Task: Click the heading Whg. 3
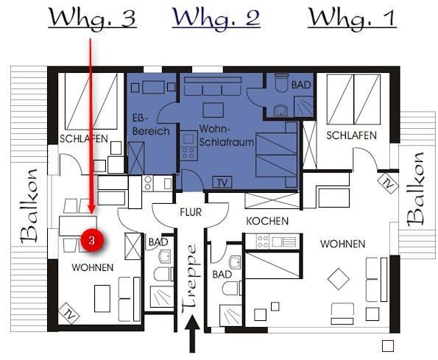[93, 18]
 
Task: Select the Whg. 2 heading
[216, 18]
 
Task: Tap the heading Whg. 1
[352, 18]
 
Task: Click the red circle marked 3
[92, 240]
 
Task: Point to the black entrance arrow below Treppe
[192, 333]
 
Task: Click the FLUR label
[191, 212]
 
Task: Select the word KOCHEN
[267, 221]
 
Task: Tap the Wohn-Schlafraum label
[226, 135]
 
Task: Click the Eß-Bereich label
[151, 125]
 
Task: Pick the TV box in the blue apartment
[222, 183]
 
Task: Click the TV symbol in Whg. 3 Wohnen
[69, 313]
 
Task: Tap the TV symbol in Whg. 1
[388, 183]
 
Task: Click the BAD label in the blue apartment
[301, 85]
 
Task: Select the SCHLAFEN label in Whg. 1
[351, 135]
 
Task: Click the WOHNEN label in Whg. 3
[93, 267]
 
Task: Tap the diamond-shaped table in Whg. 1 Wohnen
[339, 279]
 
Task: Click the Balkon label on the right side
[416, 189]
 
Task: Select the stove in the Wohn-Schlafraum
[188, 146]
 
